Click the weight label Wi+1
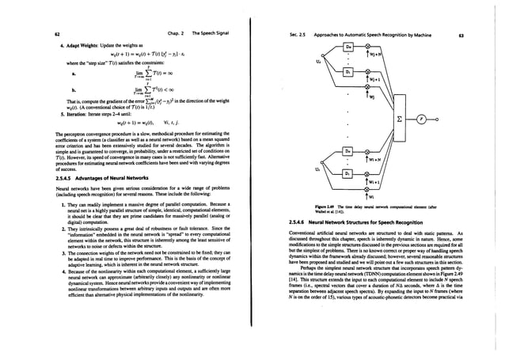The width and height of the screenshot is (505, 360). pyautogui.click(x=385, y=182)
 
